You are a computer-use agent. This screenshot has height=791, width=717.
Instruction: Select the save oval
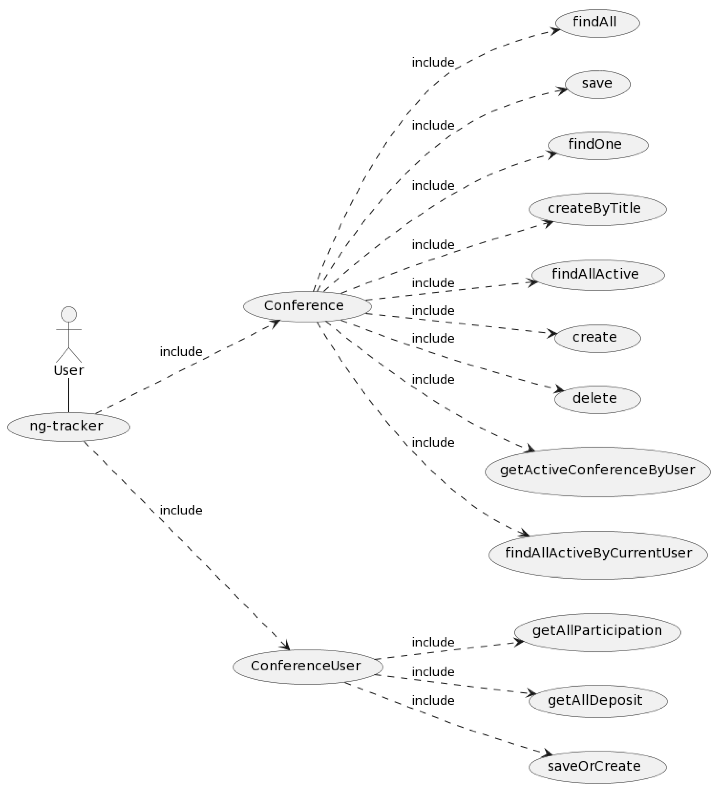tap(597, 84)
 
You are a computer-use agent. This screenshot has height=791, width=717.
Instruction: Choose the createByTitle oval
tap(597, 209)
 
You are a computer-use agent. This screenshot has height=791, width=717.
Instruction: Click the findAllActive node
tap(597, 275)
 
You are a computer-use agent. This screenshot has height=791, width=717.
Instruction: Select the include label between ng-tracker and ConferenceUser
tap(181, 511)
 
